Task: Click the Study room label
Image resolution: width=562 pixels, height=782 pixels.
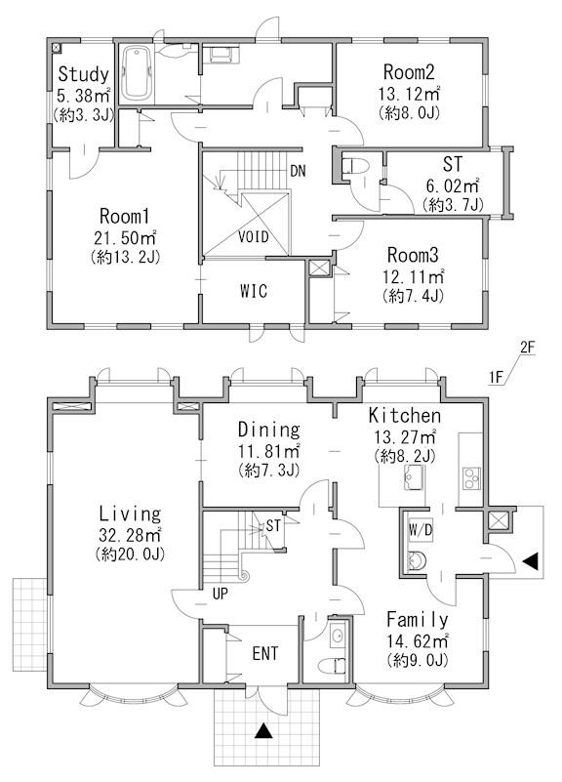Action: pyautogui.click(x=83, y=74)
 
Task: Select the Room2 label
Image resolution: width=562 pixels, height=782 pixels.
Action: pyautogui.click(x=409, y=72)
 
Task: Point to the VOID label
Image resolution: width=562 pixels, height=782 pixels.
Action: pyautogui.click(x=253, y=236)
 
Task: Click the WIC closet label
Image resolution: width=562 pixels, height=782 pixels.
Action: pyautogui.click(x=253, y=291)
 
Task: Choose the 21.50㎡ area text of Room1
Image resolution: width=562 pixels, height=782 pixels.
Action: pyautogui.click(x=125, y=236)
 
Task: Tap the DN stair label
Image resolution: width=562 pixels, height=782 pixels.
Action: pyautogui.click(x=298, y=172)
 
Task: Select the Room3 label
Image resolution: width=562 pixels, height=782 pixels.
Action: pyautogui.click(x=413, y=256)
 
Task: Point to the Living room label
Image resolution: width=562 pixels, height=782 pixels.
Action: pyautogui.click(x=130, y=514)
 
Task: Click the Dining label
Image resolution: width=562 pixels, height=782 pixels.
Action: pyautogui.click(x=268, y=430)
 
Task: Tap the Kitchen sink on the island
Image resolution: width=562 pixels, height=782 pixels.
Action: pyautogui.click(x=415, y=477)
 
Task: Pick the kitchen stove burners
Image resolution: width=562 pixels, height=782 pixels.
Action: pyautogui.click(x=471, y=478)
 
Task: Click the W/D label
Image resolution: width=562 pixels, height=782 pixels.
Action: pyautogui.click(x=421, y=531)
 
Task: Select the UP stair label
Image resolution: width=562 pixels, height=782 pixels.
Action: pyautogui.click(x=220, y=594)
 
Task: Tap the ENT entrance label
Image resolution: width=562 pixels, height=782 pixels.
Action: pyautogui.click(x=265, y=654)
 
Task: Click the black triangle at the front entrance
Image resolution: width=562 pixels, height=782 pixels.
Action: pyautogui.click(x=263, y=730)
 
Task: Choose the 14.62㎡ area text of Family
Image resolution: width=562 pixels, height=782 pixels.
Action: pyautogui.click(x=419, y=640)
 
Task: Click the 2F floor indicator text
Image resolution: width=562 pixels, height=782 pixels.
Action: pyautogui.click(x=527, y=348)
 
